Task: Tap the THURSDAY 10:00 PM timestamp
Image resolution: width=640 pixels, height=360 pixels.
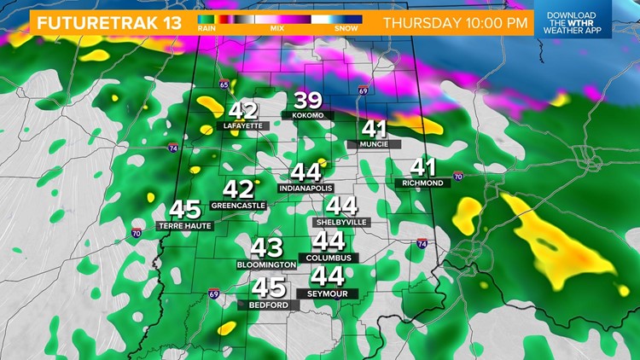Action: coord(456,22)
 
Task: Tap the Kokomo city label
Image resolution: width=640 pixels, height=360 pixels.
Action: coord(307,115)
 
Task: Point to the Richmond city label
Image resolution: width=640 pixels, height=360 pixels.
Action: coord(424,183)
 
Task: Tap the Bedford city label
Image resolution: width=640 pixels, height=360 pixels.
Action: coord(270,305)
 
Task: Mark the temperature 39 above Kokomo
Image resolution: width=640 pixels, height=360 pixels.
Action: coord(307,99)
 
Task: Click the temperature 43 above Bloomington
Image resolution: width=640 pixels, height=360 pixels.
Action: coord(266,248)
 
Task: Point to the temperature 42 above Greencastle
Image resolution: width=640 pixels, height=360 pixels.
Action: coord(239,189)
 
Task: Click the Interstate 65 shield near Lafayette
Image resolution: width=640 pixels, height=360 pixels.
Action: coord(224,84)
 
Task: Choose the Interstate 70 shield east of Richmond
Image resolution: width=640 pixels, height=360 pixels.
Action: coord(458,177)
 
